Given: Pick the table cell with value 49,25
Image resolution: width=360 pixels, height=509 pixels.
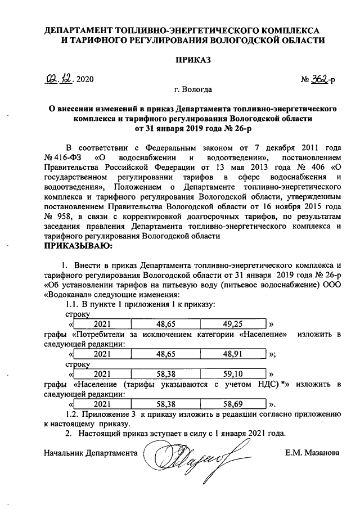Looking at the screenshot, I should coord(233,324).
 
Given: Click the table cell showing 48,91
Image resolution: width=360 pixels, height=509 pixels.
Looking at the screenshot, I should coord(233,354).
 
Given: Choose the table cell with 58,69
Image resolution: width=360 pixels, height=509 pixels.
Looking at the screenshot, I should coord(233,404).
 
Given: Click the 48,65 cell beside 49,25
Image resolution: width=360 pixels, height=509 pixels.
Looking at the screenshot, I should coord(165,324).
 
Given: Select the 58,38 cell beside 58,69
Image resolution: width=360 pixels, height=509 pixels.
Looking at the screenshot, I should coord(165,404).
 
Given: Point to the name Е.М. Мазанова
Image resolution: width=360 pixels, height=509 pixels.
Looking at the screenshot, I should coord(313,452).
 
